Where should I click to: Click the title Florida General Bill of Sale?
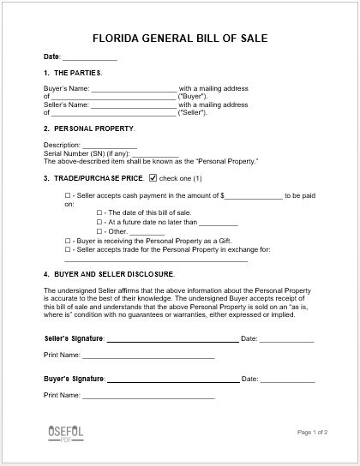(180, 39)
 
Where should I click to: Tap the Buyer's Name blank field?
(134, 89)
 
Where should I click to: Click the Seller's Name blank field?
(134, 105)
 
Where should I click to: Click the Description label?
(61, 145)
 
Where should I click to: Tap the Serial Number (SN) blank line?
(136, 152)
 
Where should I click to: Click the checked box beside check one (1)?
(153, 178)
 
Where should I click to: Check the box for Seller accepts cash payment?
(68, 196)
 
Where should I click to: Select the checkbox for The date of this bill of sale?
(99, 212)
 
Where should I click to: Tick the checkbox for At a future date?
(99, 222)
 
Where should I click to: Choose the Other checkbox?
(99, 231)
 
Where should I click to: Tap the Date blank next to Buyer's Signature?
(295, 378)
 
